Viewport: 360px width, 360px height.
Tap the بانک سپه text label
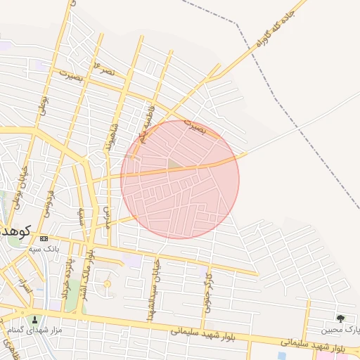pyautogui.click(x=44, y=249)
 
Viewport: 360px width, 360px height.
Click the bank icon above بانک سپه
pyautogui.click(x=44, y=238)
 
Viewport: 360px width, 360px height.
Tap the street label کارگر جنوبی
pyautogui.click(x=208, y=288)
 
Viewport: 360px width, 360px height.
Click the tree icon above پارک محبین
pyautogui.click(x=341, y=319)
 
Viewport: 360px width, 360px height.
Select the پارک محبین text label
pyautogui.click(x=340, y=329)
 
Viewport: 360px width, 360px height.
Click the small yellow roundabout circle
pyautogui.click(x=107, y=284)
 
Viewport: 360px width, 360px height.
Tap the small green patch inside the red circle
pyautogui.click(x=173, y=164)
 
